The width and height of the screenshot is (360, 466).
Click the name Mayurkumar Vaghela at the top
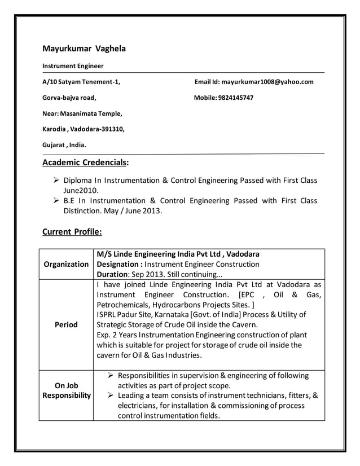click(84, 49)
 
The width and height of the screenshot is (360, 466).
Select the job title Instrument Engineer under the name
click(73, 66)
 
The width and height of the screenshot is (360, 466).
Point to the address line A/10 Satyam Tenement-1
click(81, 82)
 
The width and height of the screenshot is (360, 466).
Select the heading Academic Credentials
click(85, 164)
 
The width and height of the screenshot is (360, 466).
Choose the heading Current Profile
click(72, 231)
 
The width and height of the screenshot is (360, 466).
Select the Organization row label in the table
click(66, 264)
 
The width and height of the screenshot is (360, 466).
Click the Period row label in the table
click(66, 325)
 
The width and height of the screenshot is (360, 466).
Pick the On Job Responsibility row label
click(66, 390)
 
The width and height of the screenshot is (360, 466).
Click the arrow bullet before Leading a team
click(111, 396)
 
